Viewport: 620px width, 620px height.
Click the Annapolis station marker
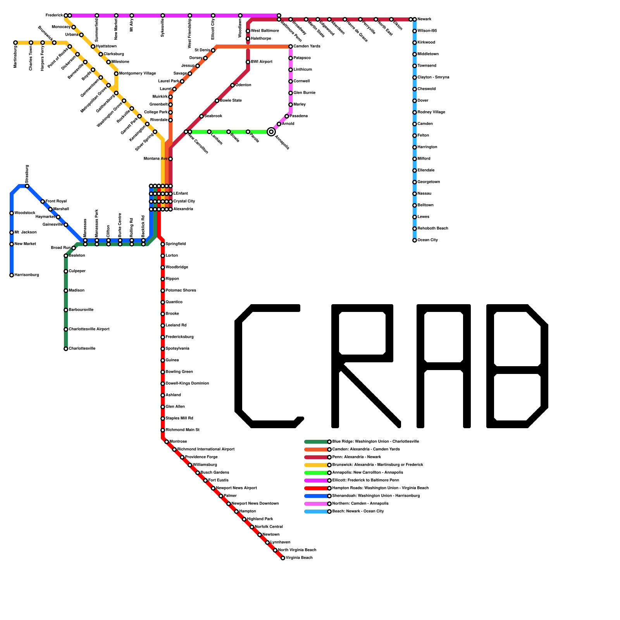271,132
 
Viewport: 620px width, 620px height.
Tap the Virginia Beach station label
299,558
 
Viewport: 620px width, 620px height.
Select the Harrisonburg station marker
12,275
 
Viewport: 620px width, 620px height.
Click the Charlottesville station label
82,349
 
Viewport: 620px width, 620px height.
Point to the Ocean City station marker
415,240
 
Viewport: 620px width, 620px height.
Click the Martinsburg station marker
15,43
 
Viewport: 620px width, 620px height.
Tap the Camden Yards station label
307,46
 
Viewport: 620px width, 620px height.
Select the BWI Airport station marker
248,62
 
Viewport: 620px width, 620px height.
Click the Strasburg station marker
27,186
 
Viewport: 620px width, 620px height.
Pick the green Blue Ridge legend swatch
316,442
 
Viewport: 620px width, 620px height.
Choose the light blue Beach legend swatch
316,511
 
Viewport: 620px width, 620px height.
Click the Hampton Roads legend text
380,488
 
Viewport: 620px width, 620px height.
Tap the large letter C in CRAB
267,366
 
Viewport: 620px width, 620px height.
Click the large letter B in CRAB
517,366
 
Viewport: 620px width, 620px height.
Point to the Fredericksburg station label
179,337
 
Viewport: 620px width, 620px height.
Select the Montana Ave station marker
170,159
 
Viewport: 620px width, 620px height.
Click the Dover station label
423,101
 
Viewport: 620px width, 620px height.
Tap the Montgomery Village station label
137,74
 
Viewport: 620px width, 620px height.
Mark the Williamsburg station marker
190,465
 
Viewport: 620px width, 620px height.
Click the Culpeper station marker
66,271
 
